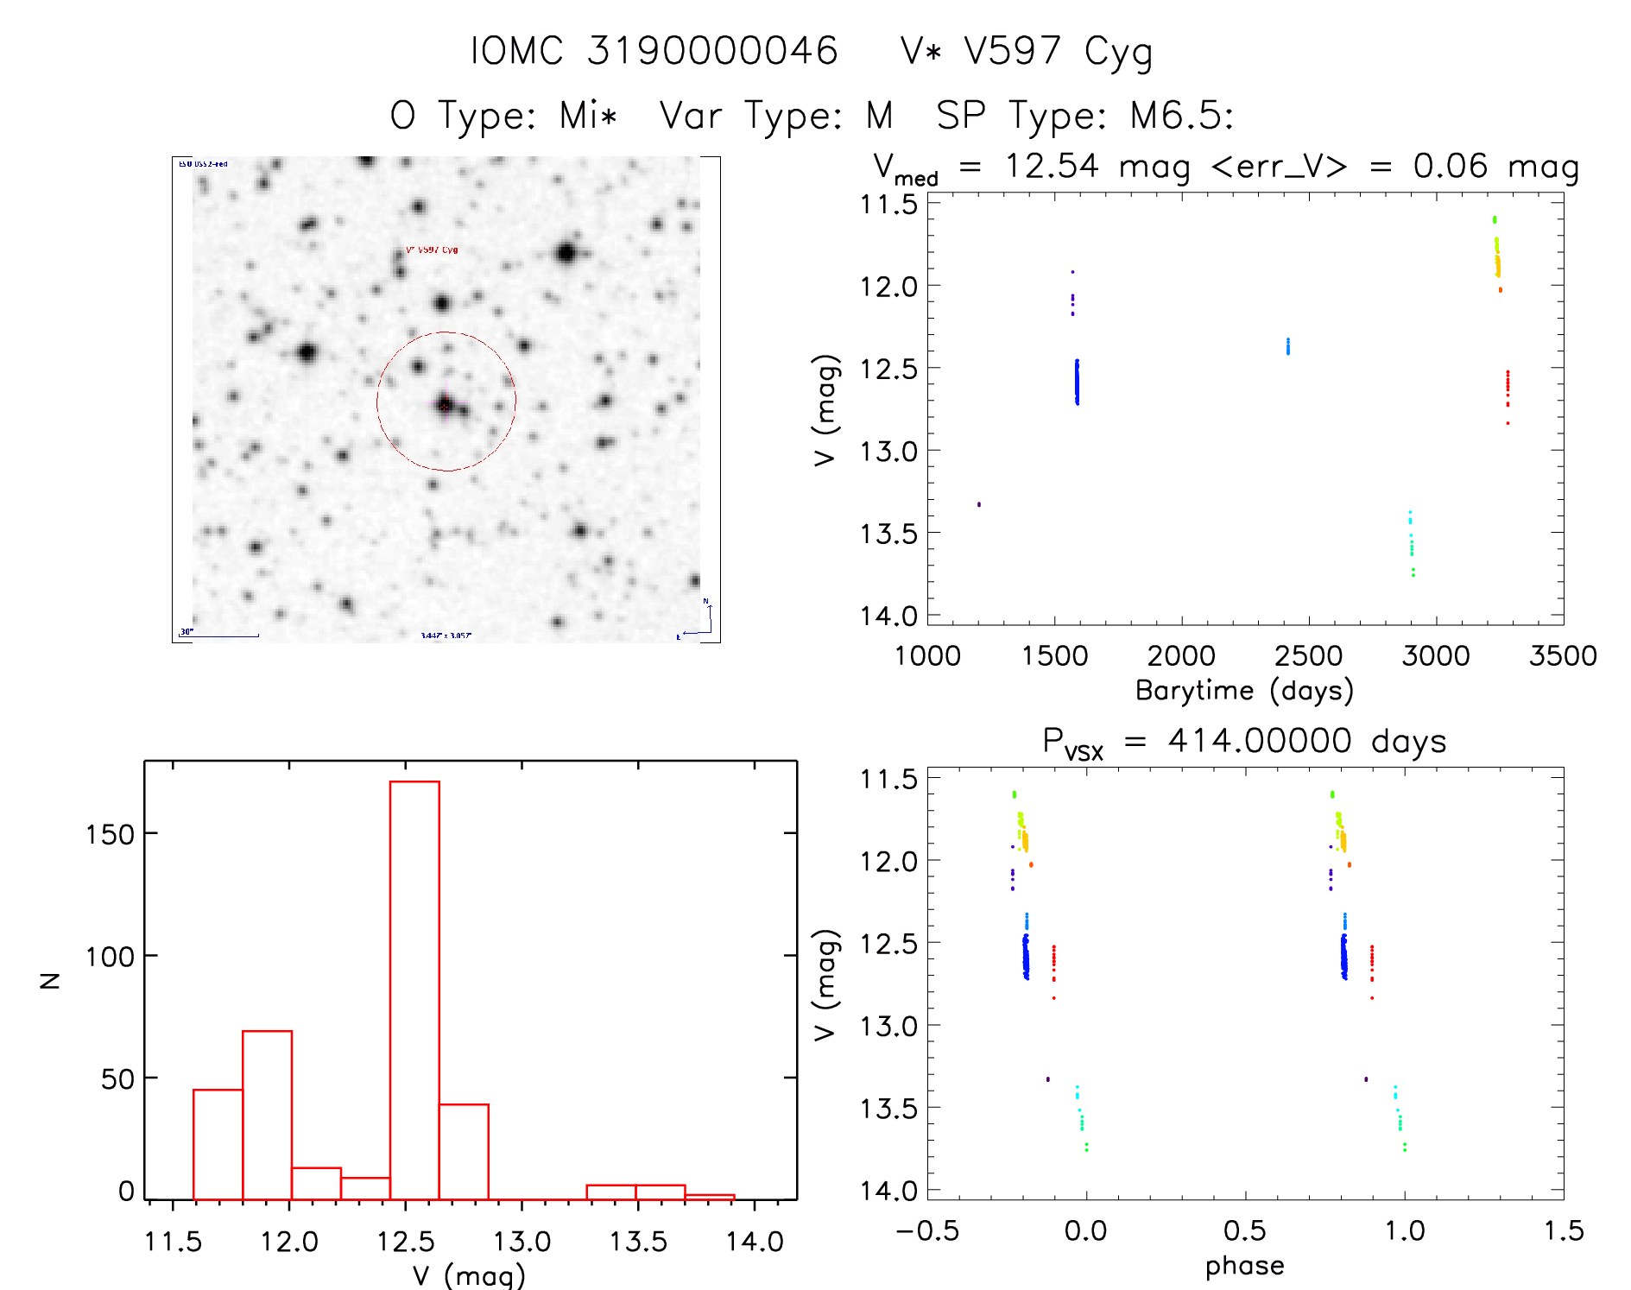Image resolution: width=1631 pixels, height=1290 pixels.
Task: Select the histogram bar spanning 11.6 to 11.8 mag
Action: (x=218, y=1144)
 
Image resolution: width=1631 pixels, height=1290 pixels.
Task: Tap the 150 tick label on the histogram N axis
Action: (x=111, y=834)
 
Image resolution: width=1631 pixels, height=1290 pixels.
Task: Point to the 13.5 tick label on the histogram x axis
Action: (x=638, y=1242)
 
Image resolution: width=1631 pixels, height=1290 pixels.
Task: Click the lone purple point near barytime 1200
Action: (x=978, y=504)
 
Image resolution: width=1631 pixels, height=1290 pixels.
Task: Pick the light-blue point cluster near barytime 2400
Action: (x=1287, y=346)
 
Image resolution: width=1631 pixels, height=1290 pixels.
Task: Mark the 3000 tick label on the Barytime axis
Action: (x=1436, y=656)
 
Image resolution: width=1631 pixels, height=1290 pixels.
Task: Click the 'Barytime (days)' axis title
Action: (x=1244, y=691)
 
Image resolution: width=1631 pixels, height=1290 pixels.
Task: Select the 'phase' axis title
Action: (x=1244, y=1266)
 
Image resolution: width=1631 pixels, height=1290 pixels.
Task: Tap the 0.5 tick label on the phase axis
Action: (x=1244, y=1231)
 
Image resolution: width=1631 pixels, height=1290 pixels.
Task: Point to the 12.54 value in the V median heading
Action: (x=1052, y=166)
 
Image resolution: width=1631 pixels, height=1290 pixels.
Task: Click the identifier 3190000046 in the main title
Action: (x=712, y=51)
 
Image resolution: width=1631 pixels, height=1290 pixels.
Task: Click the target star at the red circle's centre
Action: (x=445, y=403)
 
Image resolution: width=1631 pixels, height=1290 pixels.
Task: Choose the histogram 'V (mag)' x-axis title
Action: (x=468, y=1275)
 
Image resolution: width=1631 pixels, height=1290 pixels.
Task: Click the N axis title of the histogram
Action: (x=51, y=980)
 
